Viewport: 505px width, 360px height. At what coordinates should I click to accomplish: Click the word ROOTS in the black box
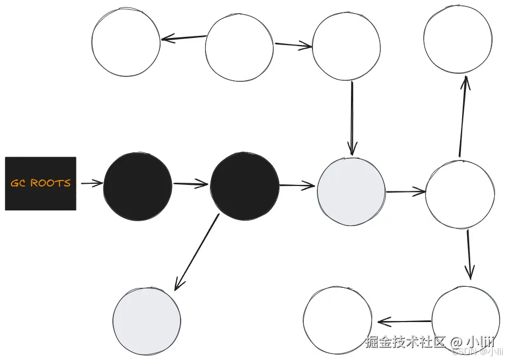pyautogui.click(x=50, y=183)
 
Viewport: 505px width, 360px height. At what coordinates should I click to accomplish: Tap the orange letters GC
pyautogui.click(x=19, y=183)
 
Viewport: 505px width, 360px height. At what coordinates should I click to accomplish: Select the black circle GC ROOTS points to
pyautogui.click(x=137, y=187)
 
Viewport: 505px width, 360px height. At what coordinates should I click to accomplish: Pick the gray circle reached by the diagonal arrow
pyautogui.click(x=146, y=321)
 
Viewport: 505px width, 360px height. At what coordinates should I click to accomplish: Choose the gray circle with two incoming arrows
pyautogui.click(x=351, y=191)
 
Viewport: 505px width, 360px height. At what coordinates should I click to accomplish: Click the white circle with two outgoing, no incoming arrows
pyautogui.click(x=239, y=48)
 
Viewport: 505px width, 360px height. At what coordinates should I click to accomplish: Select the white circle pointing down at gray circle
pyautogui.click(x=347, y=47)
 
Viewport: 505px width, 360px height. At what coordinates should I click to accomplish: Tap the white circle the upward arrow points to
pyautogui.click(x=458, y=39)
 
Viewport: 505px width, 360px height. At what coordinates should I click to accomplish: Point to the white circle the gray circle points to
pyautogui.click(x=460, y=194)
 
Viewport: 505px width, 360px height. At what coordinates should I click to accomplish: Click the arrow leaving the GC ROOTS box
pyautogui.click(x=91, y=183)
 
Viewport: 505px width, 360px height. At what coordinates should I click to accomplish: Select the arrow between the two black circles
pyautogui.click(x=191, y=184)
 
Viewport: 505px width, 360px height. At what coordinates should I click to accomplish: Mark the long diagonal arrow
pyautogui.click(x=196, y=252)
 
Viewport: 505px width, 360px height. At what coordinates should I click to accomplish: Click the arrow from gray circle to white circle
pyautogui.click(x=406, y=191)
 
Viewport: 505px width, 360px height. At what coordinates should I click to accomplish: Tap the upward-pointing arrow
pyautogui.click(x=463, y=117)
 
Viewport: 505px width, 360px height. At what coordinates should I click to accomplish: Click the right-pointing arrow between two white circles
pyautogui.click(x=293, y=46)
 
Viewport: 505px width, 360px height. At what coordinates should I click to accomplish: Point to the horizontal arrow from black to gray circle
pyautogui.click(x=297, y=186)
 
